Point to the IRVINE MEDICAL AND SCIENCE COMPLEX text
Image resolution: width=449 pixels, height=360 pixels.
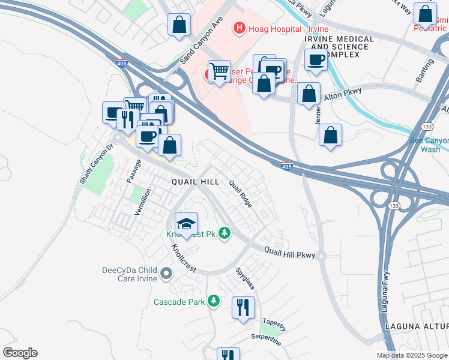pos(339,47)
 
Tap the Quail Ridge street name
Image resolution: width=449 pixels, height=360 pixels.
pos(241,194)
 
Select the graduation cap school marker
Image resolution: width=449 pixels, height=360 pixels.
pos(187,224)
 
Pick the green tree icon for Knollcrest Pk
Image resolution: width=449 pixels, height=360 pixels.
pos(224,232)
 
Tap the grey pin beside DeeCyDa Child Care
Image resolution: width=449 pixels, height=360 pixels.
pos(166,274)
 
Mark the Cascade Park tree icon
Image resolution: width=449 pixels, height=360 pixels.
pos(213,301)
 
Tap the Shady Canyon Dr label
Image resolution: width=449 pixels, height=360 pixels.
pos(95,164)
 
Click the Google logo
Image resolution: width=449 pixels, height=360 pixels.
pos(20,353)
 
